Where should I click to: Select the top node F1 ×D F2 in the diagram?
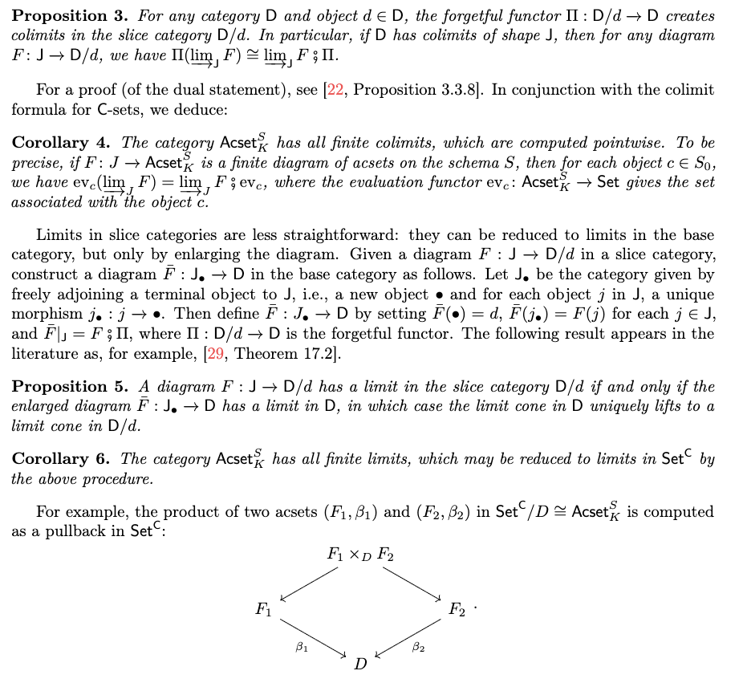click(360, 554)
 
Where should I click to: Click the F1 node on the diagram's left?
click(263, 610)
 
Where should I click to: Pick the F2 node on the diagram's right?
click(457, 610)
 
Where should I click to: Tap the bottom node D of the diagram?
click(361, 665)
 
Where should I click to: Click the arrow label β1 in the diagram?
click(301, 646)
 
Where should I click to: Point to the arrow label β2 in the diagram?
click(417, 646)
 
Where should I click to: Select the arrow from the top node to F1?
click(309, 583)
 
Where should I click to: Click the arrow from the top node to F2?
click(412, 583)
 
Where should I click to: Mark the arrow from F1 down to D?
click(314, 636)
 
